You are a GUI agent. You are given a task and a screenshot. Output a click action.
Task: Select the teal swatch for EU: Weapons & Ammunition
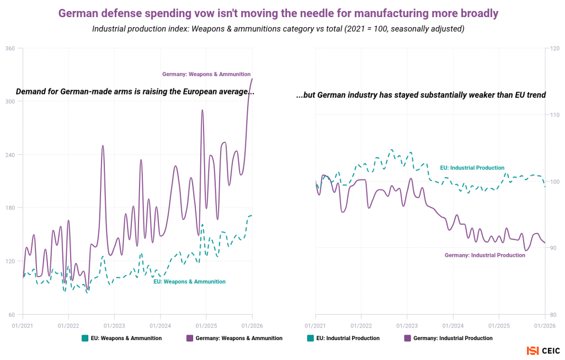point(85,338)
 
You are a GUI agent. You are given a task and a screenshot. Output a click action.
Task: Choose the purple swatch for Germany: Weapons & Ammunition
point(190,338)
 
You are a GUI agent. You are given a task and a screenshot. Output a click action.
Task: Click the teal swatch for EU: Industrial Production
point(311,338)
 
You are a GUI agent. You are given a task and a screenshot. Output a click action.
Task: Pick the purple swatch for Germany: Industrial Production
point(408,338)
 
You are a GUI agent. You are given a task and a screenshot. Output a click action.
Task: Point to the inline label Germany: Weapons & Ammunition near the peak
point(206,74)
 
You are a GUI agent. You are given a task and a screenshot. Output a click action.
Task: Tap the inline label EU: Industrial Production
point(472,167)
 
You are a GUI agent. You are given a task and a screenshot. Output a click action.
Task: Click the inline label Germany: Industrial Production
point(485,255)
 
